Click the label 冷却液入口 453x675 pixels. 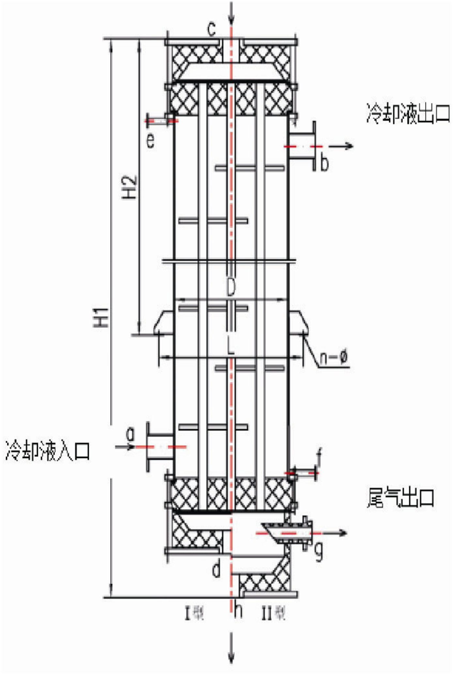pyautogui.click(x=48, y=450)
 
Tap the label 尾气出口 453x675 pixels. pyautogui.click(x=401, y=497)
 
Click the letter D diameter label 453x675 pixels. pyautogui.click(x=230, y=287)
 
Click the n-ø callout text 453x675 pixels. pyautogui.click(x=333, y=357)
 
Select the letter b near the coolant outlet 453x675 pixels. pyautogui.click(x=324, y=163)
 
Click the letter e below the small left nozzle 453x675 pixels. pyautogui.click(x=150, y=140)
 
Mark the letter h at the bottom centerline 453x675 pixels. pyautogui.click(x=238, y=611)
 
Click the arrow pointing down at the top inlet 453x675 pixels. pyautogui.click(x=231, y=13)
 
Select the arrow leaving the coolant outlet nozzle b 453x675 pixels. pyautogui.click(x=341, y=146)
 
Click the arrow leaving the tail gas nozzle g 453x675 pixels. pyautogui.click(x=334, y=533)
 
